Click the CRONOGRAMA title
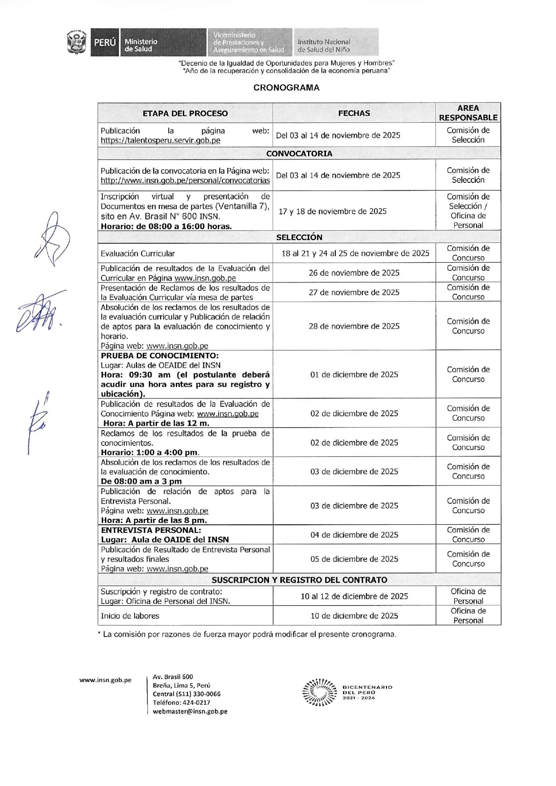coord(286,88)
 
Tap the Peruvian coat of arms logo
coord(76,42)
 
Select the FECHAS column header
coord(354,113)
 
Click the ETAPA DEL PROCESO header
coord(185,113)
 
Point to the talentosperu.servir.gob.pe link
coord(161,140)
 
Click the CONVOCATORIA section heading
coord(299,154)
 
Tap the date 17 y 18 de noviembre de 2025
coord(332,211)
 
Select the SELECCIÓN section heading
coord(299,237)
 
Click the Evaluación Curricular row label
coord(138,254)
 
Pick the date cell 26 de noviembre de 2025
coord(354,273)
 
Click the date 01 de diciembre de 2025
coord(354,375)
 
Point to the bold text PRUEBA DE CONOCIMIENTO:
coord(160,356)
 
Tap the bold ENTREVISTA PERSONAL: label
coord(151,530)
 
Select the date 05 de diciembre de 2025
coord(354,559)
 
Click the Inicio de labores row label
coord(130,616)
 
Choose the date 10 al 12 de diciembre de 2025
coord(354,596)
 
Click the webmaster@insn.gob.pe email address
coord(190,712)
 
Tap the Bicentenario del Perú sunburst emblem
coord(319,693)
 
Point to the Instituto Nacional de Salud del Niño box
coord(336,42)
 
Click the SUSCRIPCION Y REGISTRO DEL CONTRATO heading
coord(299,580)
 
